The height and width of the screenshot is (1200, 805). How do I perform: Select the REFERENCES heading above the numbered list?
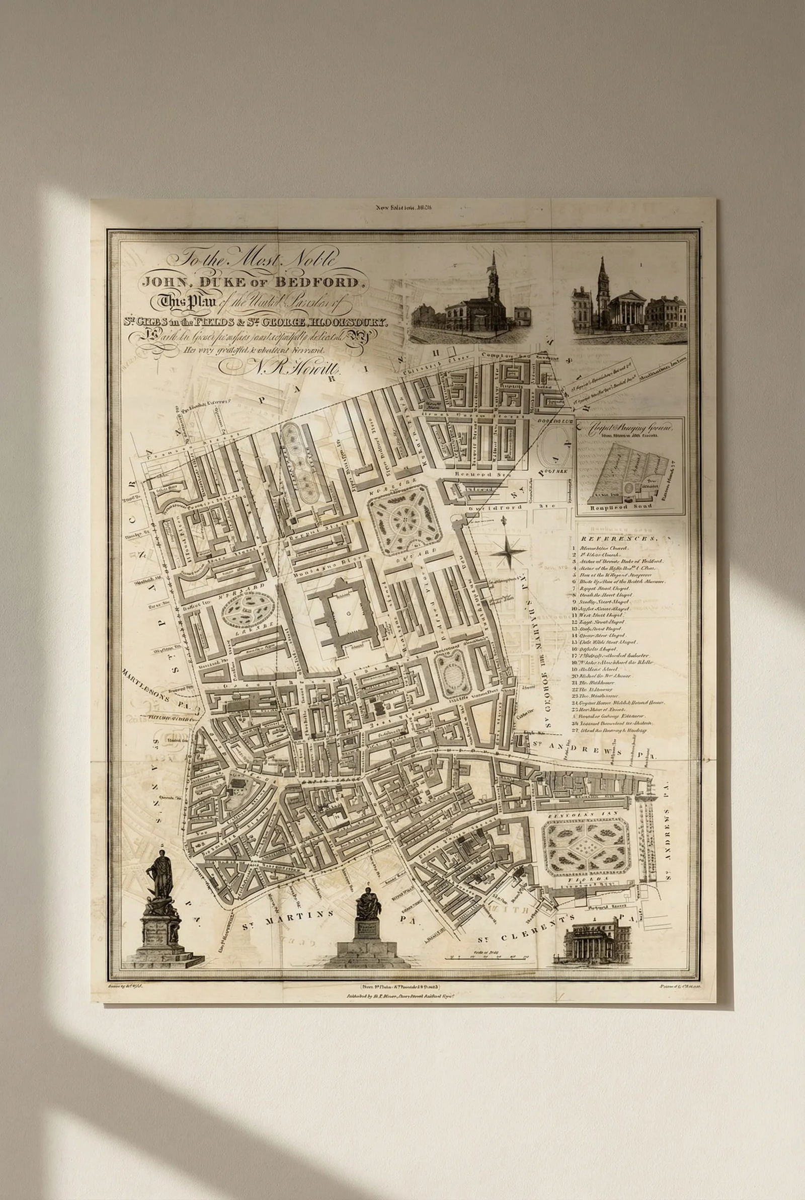coord(619,539)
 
